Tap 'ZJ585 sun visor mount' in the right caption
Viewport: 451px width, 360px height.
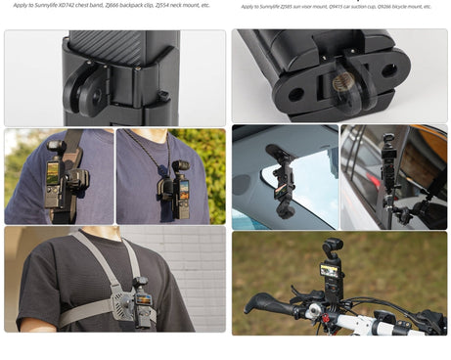pos(300,6)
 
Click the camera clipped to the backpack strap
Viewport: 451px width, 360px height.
pos(55,182)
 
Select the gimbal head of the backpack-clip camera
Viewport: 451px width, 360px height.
pos(56,148)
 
